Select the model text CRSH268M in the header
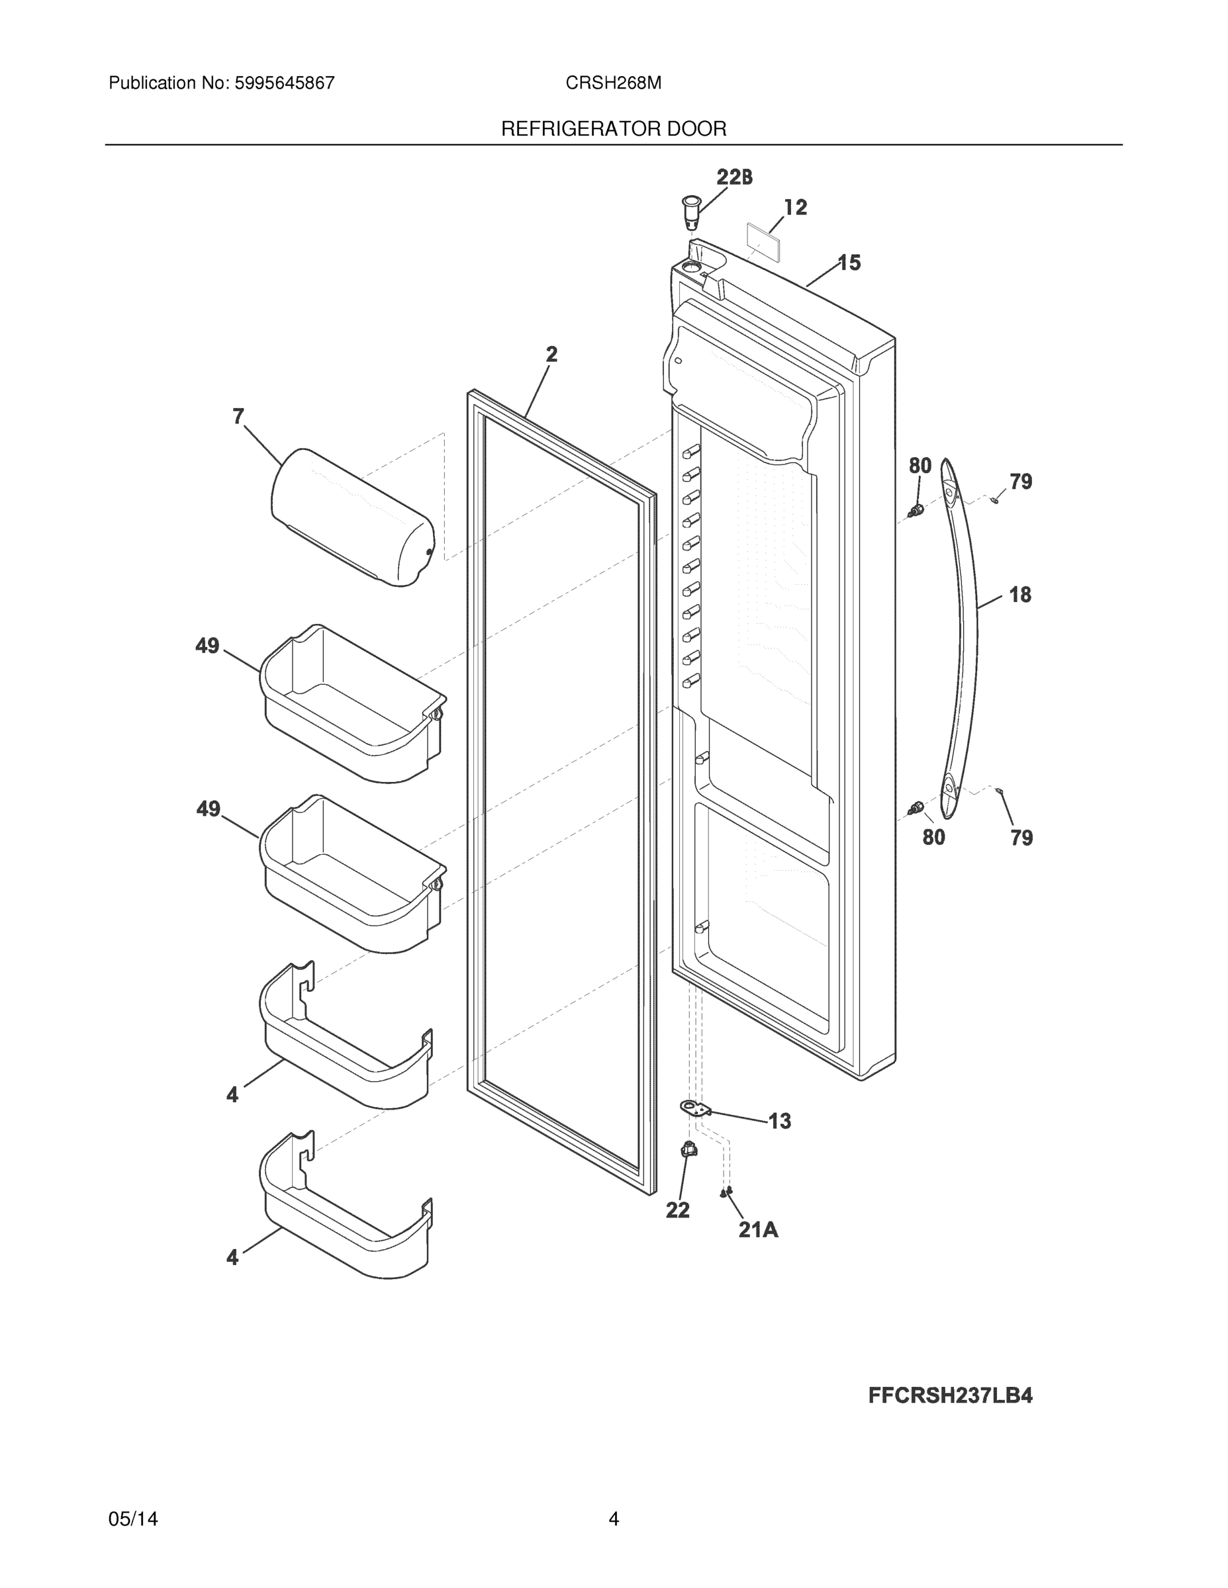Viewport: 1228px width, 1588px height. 613,83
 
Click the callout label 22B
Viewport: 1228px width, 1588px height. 735,177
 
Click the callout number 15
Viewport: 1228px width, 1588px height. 849,263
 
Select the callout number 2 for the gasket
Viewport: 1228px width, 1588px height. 552,354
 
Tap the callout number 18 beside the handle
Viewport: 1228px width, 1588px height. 1020,595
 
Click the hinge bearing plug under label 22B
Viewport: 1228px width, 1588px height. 690,208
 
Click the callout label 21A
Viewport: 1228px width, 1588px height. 758,1229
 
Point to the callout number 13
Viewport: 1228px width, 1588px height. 779,1122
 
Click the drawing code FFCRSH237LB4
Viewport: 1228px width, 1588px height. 950,1395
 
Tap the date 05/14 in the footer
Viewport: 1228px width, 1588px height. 133,1519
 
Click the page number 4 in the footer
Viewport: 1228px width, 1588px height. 613,1519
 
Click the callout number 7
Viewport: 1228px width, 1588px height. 238,417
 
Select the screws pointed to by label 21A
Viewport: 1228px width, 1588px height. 726,1192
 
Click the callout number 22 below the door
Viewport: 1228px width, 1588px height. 677,1210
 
